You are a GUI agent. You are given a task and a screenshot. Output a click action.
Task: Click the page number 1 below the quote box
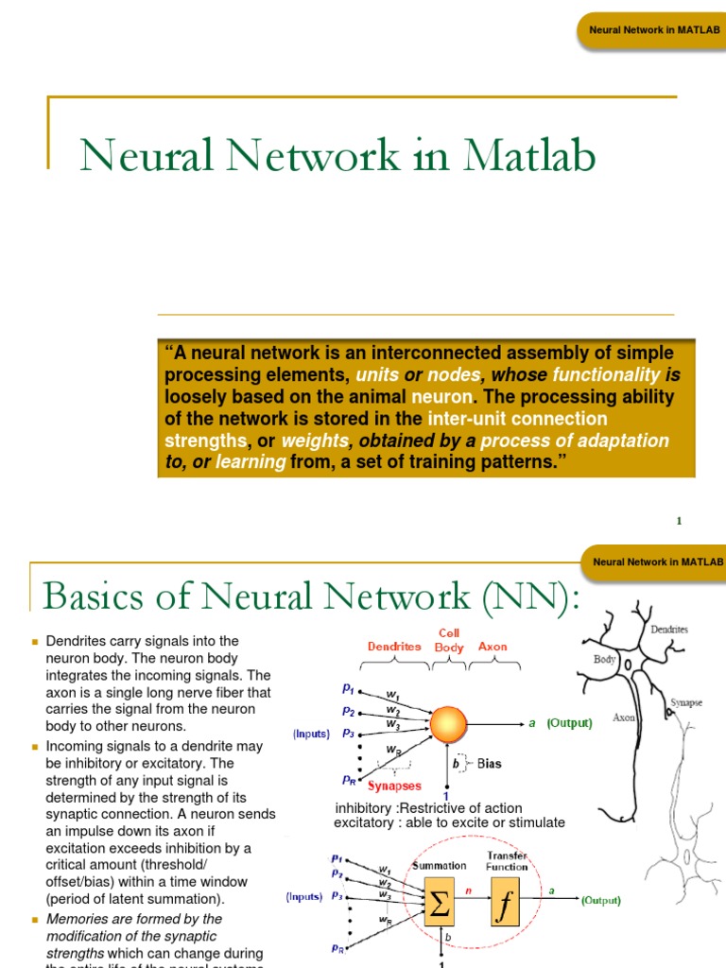679,521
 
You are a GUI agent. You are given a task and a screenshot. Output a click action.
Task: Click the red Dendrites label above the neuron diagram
394,647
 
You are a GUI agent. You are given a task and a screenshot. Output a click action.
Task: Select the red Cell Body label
449,640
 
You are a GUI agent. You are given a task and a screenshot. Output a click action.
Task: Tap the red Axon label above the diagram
493,647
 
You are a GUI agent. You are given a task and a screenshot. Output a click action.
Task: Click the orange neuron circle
456,723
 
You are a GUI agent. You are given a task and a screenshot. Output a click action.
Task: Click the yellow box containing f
506,907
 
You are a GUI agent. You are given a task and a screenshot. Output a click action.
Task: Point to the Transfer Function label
507,860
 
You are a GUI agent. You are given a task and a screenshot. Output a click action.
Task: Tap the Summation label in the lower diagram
439,865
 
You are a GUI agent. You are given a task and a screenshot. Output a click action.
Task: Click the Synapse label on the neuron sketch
685,702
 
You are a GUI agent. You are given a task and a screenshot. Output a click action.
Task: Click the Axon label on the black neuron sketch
624,717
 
